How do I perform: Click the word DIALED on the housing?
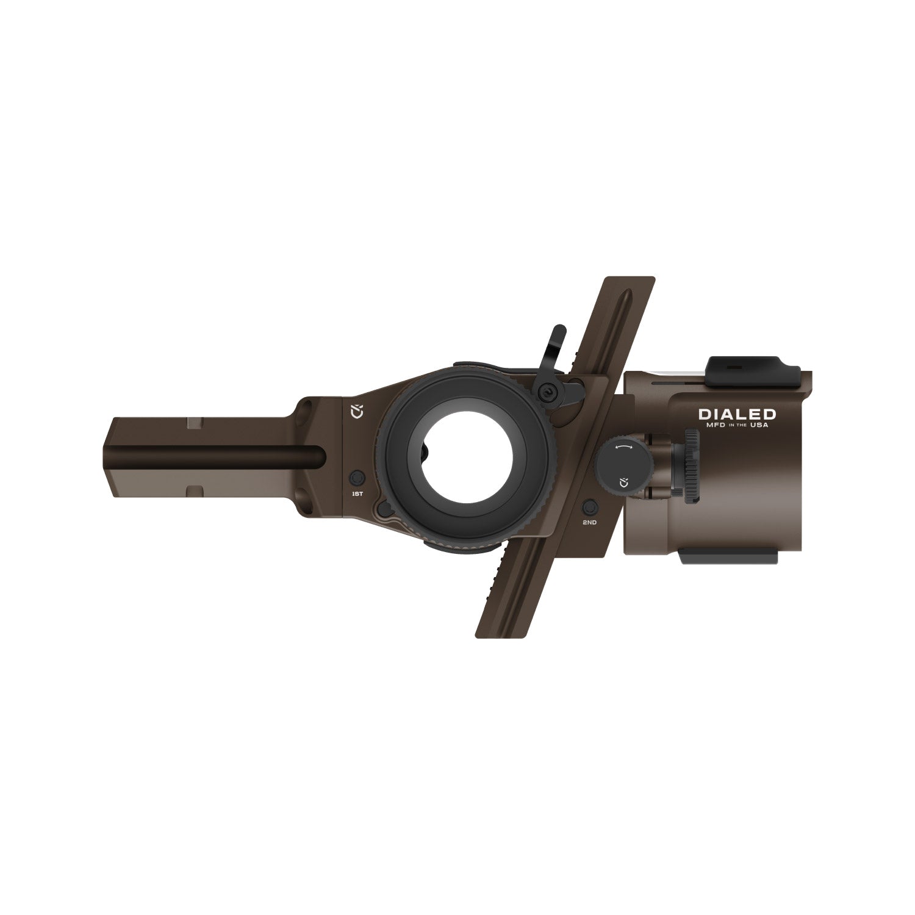[737, 414]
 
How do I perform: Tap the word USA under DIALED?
[759, 425]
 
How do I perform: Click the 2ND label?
[589, 523]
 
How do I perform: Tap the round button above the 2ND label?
[590, 507]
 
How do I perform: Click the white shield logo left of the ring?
[357, 411]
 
